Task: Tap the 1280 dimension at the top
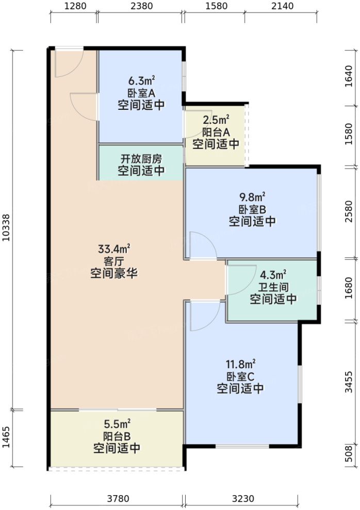(73, 7)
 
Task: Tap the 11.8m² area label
(240, 364)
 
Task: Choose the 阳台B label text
(117, 436)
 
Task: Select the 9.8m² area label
(252, 197)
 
